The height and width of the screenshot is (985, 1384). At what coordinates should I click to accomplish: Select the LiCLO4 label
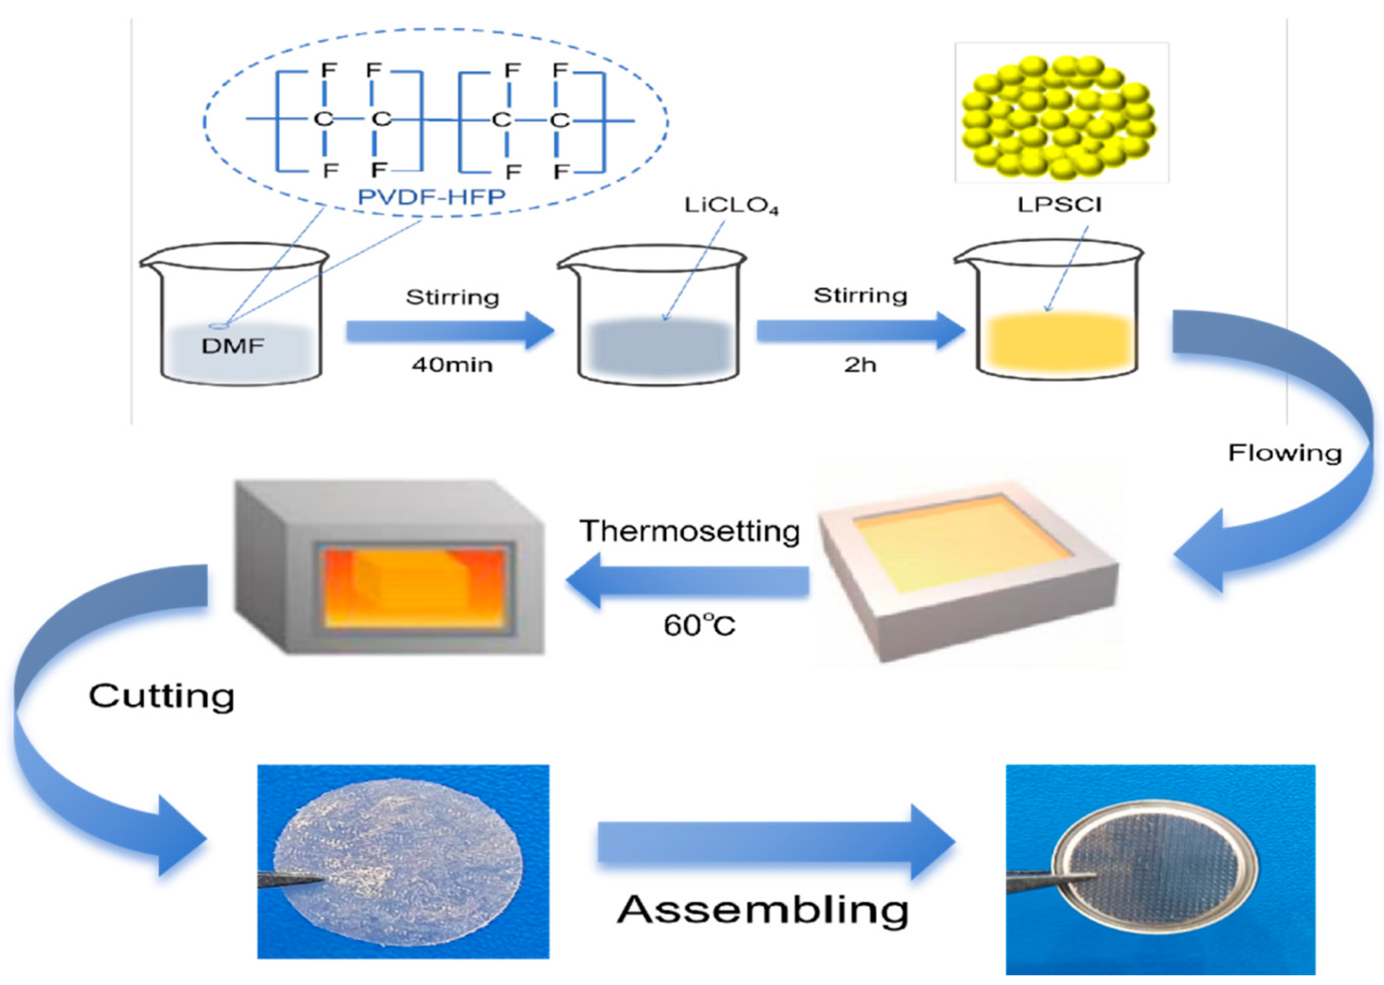tap(730, 206)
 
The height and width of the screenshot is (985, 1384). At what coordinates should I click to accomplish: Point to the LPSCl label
tap(1059, 204)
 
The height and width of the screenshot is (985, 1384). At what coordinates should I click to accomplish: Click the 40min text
tap(452, 365)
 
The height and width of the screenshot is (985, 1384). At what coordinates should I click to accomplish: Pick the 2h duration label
tap(860, 365)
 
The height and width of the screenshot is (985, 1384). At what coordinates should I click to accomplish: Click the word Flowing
tap(1284, 453)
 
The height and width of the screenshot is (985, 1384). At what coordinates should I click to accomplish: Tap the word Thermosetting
tap(690, 531)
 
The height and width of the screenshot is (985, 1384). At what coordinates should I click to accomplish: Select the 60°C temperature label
tap(699, 625)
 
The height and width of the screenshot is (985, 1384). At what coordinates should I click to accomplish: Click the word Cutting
tap(161, 696)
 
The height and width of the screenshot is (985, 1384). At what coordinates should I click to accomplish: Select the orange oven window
tap(414, 587)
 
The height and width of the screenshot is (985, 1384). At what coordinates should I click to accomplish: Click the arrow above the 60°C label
tap(687, 580)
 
